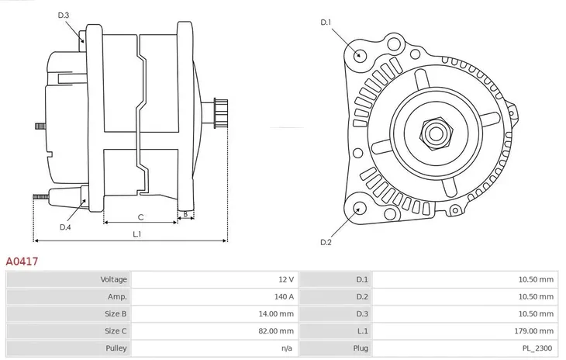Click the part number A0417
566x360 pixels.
(x=22, y=262)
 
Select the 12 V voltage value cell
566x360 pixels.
(x=285, y=279)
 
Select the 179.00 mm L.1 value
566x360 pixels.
(x=536, y=331)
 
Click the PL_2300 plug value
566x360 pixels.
(x=537, y=348)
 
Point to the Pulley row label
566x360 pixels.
(x=116, y=348)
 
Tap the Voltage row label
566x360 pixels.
(x=113, y=279)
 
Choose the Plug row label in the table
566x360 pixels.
(x=361, y=348)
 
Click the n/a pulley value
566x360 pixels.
(x=287, y=348)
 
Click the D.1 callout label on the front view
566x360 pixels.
(x=326, y=22)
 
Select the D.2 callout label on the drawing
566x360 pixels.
(x=326, y=242)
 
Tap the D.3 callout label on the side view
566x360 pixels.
(x=64, y=16)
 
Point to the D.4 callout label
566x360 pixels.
(x=65, y=227)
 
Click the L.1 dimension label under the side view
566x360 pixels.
(x=136, y=234)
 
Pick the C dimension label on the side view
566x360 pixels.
(x=140, y=217)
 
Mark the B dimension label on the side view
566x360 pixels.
(x=185, y=215)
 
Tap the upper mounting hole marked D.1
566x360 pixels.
(x=359, y=54)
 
